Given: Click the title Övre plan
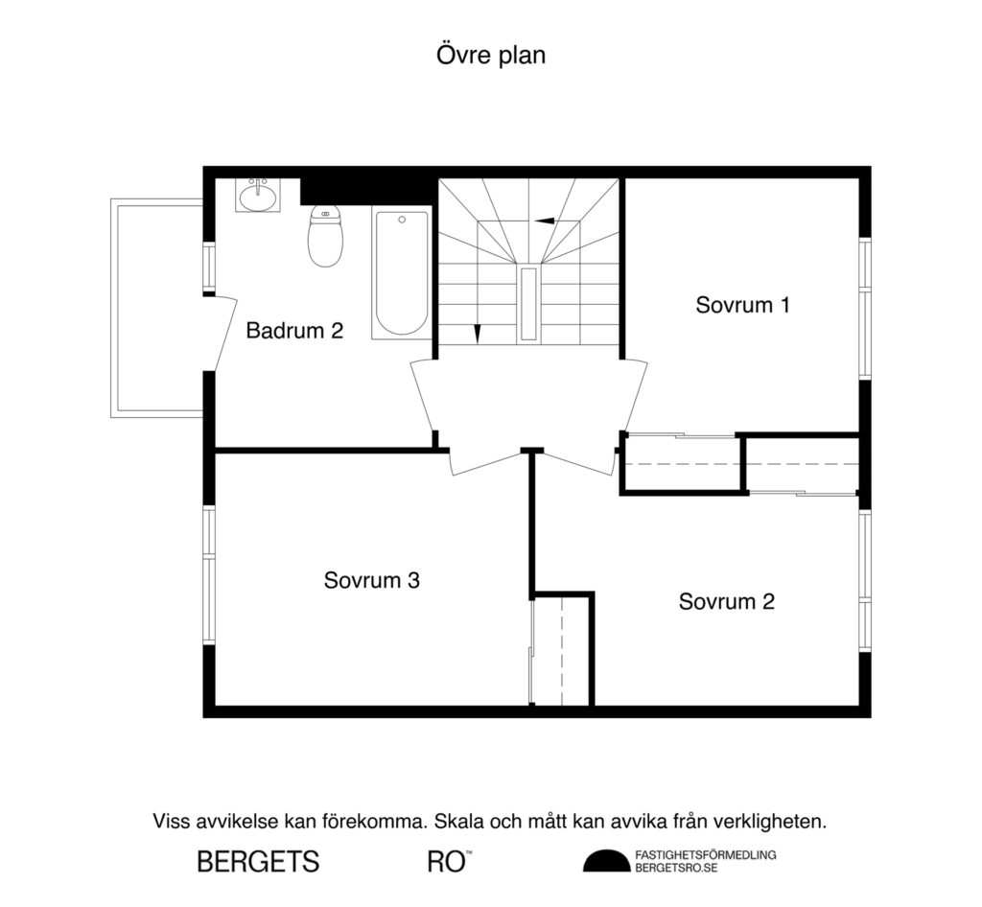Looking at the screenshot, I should [x=491, y=56].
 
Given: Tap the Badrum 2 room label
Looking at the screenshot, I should [x=294, y=331].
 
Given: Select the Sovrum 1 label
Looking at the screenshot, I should [x=742, y=305].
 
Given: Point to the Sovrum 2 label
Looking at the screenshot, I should [x=726, y=601].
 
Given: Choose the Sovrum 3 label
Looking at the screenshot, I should [x=371, y=580].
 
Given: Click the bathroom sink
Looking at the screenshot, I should [x=258, y=196].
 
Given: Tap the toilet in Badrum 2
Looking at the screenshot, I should [x=325, y=238].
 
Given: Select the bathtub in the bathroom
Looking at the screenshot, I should [x=400, y=274].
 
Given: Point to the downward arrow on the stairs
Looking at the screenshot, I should [x=477, y=334].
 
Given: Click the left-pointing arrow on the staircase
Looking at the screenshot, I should [x=544, y=221].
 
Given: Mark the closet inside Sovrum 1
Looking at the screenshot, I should [x=682, y=465].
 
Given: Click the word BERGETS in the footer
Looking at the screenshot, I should [x=258, y=861].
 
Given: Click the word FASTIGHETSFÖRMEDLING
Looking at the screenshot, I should [x=705, y=853].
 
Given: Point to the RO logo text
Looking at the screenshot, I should [x=447, y=861].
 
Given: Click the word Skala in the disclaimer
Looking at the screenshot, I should [x=458, y=822].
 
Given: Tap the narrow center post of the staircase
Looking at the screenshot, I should [x=527, y=305].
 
